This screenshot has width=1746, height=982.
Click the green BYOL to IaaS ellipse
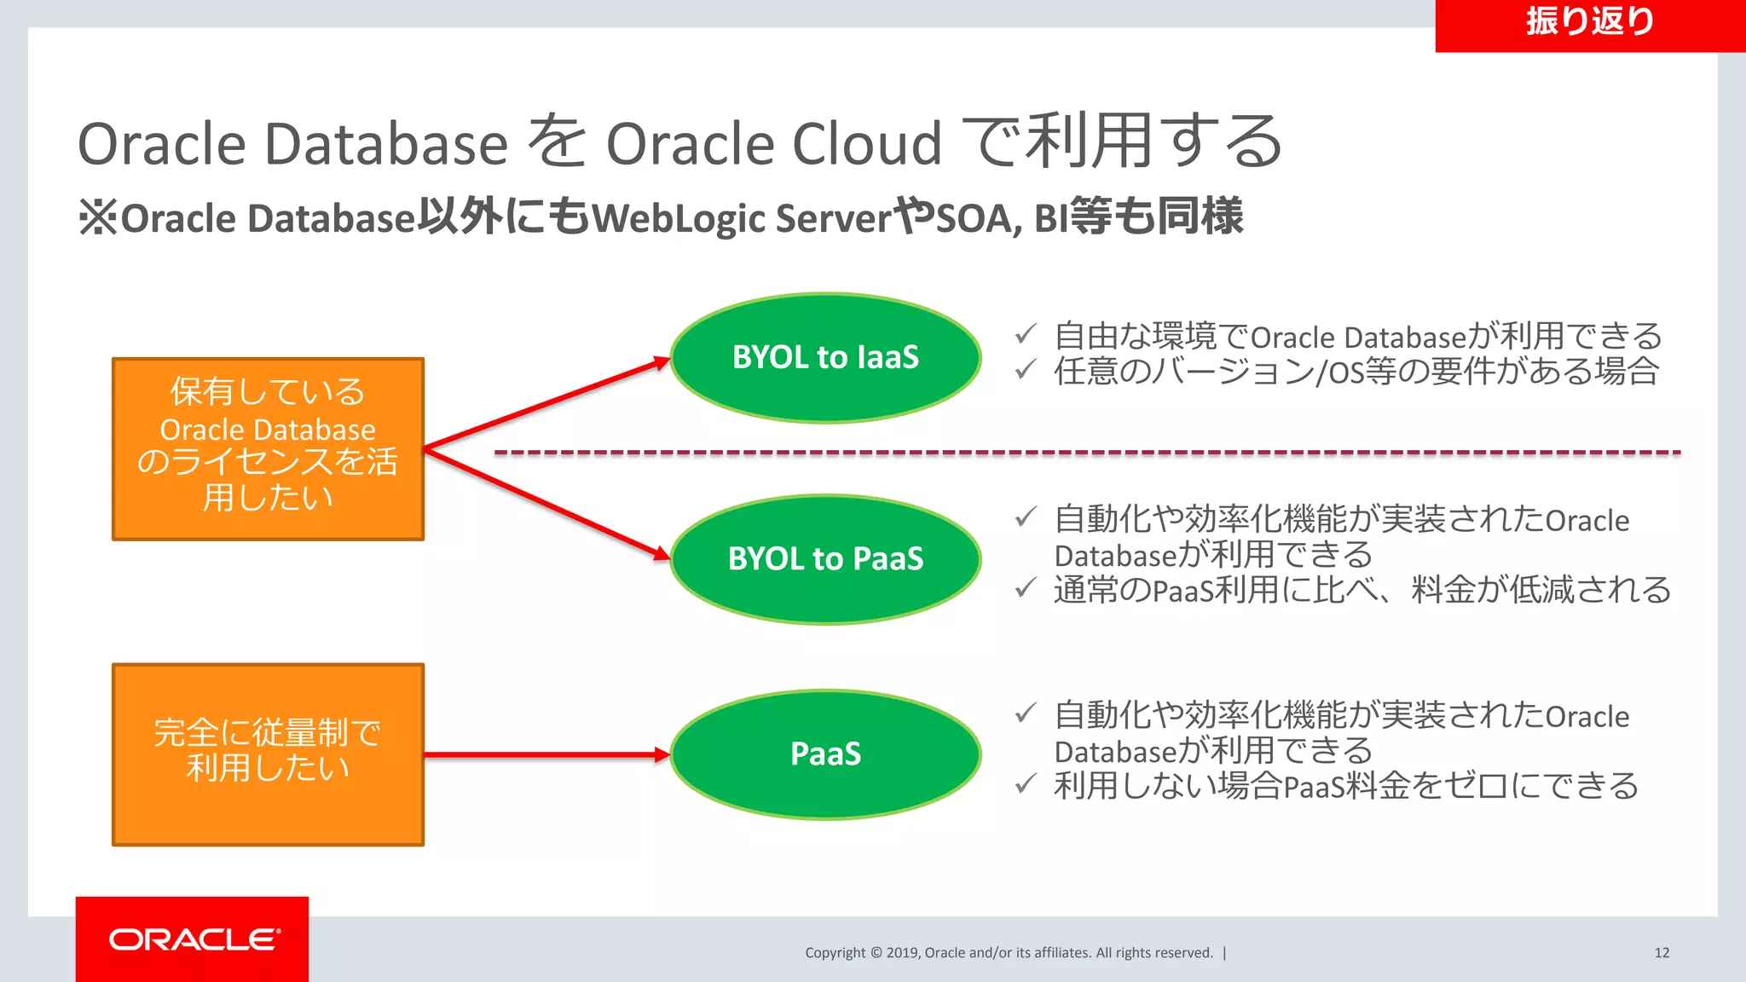click(x=825, y=358)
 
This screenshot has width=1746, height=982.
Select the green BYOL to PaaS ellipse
click(x=825, y=559)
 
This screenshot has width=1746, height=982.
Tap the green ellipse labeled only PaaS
click(x=825, y=754)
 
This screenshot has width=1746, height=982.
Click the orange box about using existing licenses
click(x=268, y=448)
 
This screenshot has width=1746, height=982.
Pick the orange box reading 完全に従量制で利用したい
click(x=268, y=754)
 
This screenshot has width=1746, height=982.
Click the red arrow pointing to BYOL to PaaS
click(x=546, y=503)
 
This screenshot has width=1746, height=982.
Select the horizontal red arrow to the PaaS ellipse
click(x=546, y=754)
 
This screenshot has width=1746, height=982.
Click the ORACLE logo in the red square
click(x=194, y=939)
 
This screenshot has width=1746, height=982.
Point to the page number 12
click(x=1662, y=953)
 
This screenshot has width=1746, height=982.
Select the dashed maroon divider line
click(x=1087, y=453)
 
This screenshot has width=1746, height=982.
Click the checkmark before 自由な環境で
click(x=1026, y=334)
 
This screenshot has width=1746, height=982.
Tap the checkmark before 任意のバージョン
click(x=1026, y=369)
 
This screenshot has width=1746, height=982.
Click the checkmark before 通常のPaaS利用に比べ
click(x=1026, y=587)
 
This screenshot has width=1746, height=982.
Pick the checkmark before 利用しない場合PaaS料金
click(x=1026, y=783)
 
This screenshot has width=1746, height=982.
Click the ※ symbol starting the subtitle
click(x=98, y=217)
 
